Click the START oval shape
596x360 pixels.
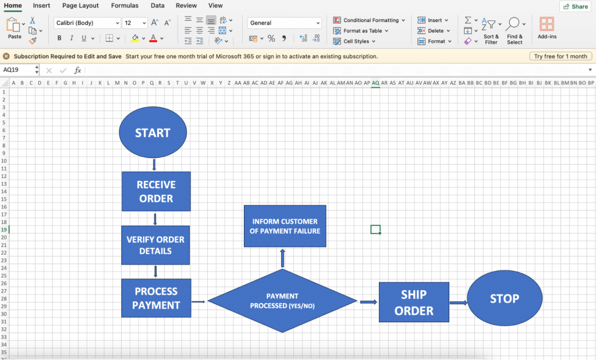click(153, 132)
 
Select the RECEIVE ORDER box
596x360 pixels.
click(156, 191)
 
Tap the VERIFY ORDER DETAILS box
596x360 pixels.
click(155, 245)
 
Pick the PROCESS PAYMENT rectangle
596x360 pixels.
click(156, 298)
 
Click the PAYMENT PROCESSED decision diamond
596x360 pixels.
click(282, 301)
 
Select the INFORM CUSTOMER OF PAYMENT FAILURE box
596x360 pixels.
click(285, 226)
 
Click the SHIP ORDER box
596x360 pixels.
click(414, 302)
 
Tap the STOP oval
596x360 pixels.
click(505, 298)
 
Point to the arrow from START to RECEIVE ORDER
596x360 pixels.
click(154, 165)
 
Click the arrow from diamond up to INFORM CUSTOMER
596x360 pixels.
click(282, 258)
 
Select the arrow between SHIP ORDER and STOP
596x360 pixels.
click(459, 302)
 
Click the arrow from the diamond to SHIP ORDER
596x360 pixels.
click(368, 302)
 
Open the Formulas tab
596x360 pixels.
click(125, 6)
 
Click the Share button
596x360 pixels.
click(576, 6)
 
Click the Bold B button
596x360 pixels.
click(59, 38)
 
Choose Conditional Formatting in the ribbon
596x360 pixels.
click(368, 20)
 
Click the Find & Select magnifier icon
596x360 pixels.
click(513, 23)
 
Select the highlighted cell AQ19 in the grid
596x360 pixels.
click(375, 229)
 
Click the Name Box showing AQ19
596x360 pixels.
click(19, 70)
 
